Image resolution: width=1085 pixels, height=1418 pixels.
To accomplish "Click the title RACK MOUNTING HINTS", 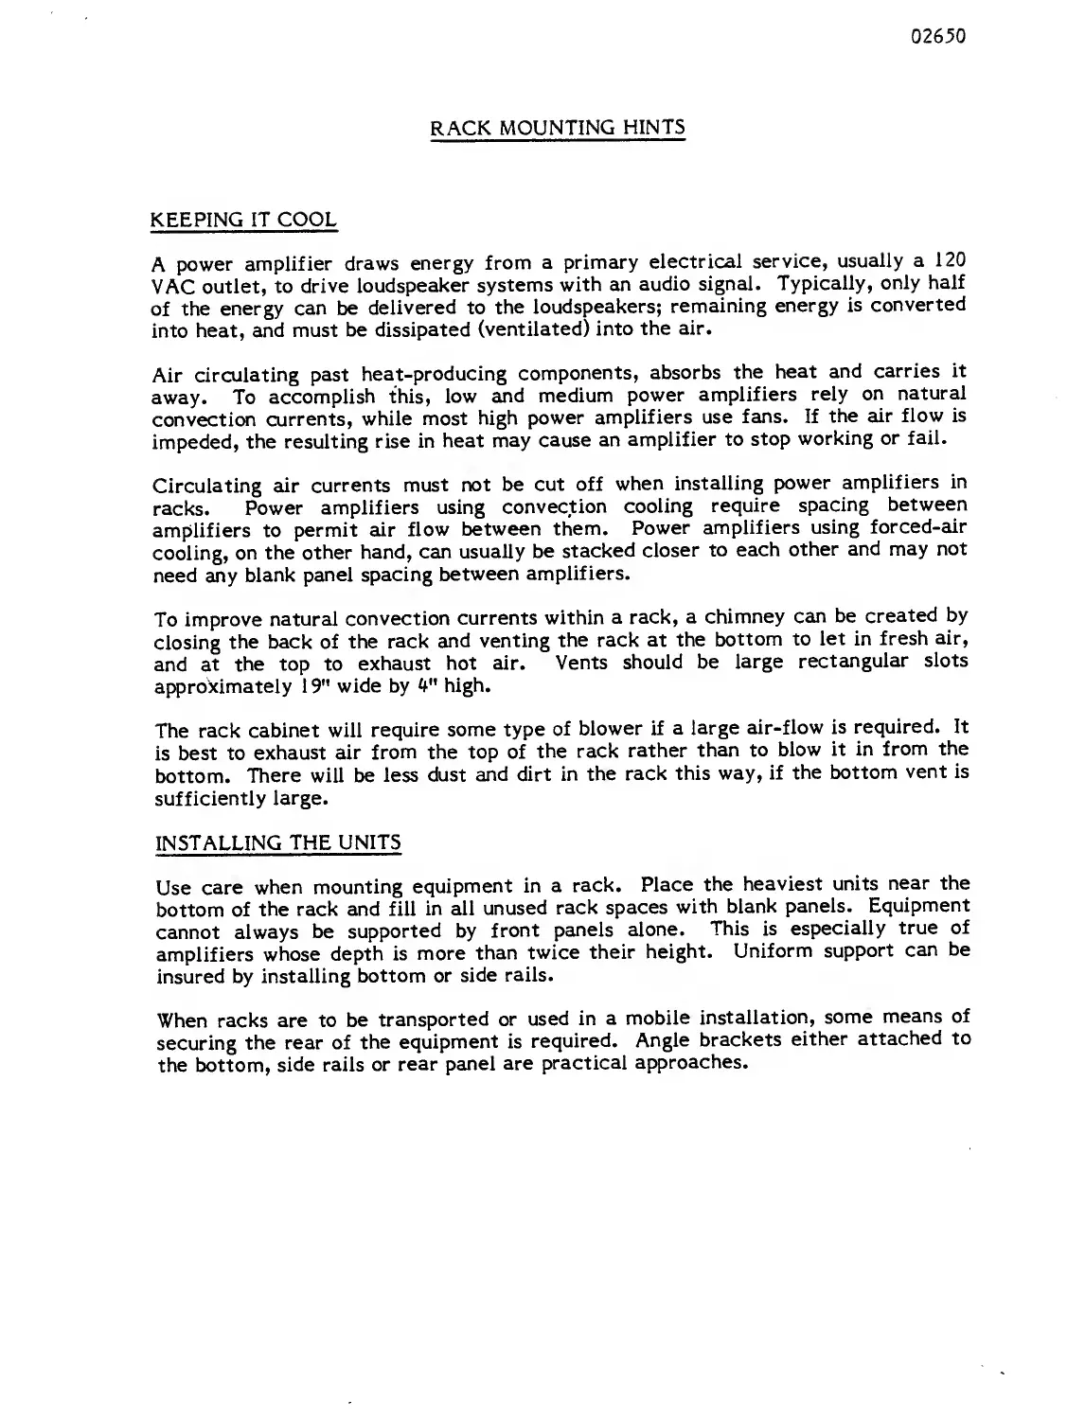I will click(558, 128).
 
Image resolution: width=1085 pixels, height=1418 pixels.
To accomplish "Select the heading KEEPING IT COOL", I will click(244, 221).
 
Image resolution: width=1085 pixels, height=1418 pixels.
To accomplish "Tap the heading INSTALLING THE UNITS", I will click(277, 842).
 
